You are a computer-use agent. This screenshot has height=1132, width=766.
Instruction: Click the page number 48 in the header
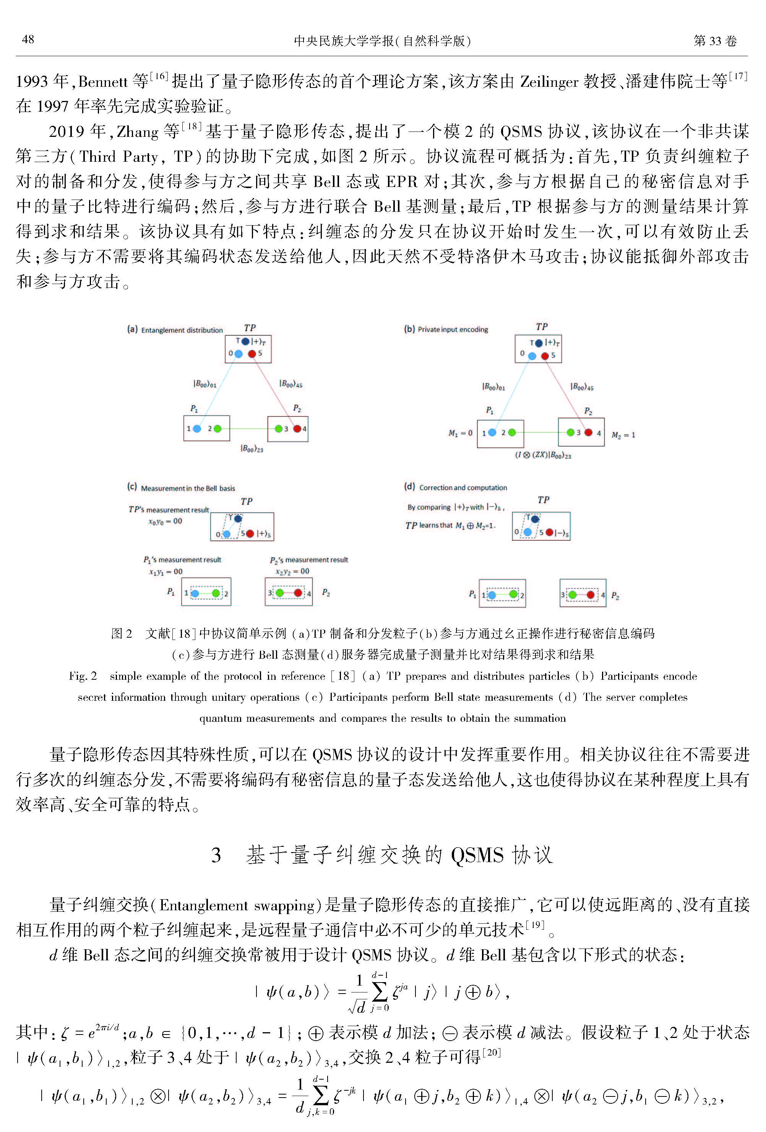(x=28, y=39)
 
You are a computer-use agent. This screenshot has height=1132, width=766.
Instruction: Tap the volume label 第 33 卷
(x=714, y=41)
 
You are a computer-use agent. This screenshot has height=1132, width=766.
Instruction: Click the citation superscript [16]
(x=159, y=76)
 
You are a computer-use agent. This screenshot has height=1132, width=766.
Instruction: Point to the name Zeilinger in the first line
(x=549, y=81)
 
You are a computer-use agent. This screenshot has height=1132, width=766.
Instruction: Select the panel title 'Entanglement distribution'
(x=182, y=330)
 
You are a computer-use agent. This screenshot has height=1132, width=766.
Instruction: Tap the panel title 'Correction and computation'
(x=463, y=487)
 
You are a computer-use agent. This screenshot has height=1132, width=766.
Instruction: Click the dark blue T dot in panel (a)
(x=245, y=341)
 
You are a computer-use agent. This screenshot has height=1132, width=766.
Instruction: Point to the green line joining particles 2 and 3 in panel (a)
(x=248, y=429)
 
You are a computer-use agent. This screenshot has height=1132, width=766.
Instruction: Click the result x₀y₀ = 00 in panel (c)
(x=165, y=521)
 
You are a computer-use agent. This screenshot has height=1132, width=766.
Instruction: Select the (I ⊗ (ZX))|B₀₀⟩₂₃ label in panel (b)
(x=543, y=455)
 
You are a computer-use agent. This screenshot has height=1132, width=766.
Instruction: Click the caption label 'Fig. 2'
(x=83, y=676)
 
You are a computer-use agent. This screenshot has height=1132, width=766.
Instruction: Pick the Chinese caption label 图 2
(x=121, y=633)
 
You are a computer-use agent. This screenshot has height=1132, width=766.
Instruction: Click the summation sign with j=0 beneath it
(x=379, y=991)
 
